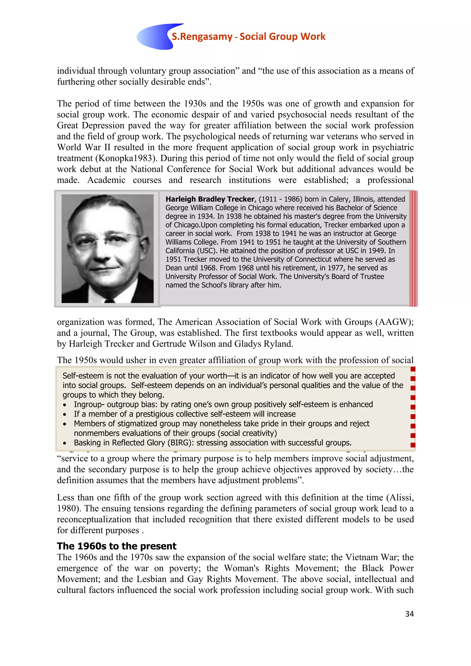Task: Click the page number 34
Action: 409,614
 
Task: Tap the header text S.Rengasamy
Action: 202,37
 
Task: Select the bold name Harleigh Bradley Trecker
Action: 210,199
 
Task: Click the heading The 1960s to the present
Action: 116,546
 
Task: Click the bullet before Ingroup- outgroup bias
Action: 65,405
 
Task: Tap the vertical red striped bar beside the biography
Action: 413,248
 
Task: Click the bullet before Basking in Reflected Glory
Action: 65,443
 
